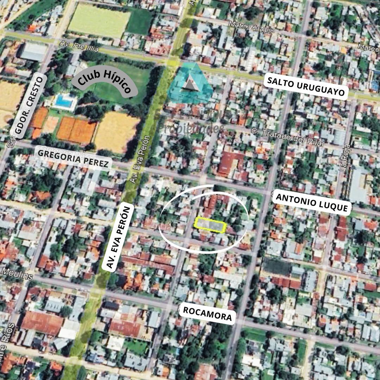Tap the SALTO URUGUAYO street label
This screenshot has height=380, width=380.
tap(305, 87)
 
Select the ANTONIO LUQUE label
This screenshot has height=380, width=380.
tap(312, 202)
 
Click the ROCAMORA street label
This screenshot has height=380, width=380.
tap(207, 314)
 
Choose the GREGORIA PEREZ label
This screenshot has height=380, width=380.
tap(73, 159)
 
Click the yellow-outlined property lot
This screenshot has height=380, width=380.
tap(210, 225)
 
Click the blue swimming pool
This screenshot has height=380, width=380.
tap(64, 101)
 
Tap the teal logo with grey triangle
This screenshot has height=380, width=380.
tap(190, 84)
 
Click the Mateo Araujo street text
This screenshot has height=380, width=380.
tap(251, 27)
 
